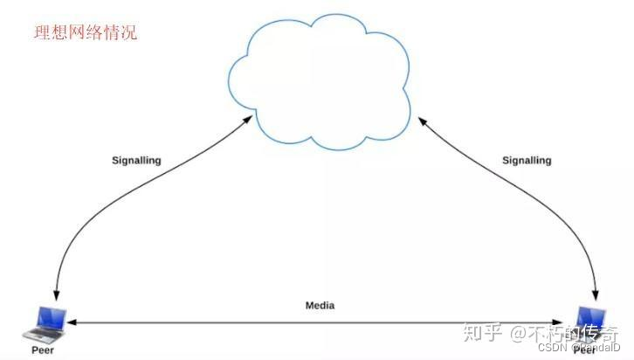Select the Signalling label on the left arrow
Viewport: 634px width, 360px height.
pyautogui.click(x=136, y=161)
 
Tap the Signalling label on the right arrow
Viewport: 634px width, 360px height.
pyautogui.click(x=527, y=161)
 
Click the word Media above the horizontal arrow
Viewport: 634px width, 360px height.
pyautogui.click(x=320, y=306)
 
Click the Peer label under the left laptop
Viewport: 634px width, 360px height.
pyautogui.click(x=43, y=348)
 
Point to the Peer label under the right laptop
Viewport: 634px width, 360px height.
pyautogui.click(x=586, y=350)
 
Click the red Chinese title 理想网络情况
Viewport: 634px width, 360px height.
pyautogui.click(x=85, y=34)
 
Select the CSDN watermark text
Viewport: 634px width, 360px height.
pyautogui.click(x=552, y=347)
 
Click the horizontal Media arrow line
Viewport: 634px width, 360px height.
pyautogui.click(x=320, y=322)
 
